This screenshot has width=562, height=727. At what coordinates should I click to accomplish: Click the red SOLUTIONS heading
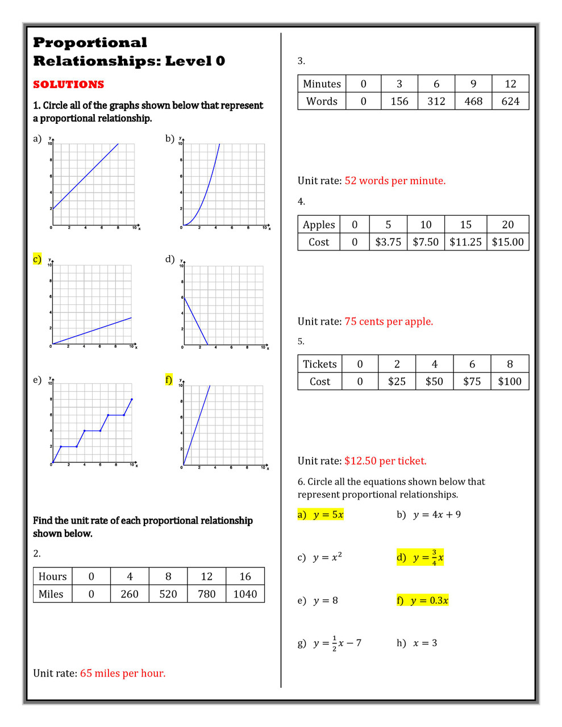click(x=68, y=85)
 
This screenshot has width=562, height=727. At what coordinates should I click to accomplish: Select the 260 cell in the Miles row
click(x=130, y=594)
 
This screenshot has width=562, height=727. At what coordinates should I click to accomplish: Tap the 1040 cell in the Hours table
click(x=245, y=594)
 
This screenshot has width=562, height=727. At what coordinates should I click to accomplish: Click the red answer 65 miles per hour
click(x=123, y=674)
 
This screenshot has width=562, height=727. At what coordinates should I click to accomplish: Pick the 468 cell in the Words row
click(x=473, y=101)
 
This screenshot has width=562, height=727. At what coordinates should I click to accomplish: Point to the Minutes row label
click(x=322, y=84)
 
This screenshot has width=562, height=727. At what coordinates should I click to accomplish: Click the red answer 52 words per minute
click(x=395, y=181)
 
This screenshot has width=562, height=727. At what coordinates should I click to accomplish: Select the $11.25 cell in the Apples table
click(x=465, y=242)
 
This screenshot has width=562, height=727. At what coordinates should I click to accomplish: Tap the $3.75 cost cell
click(x=388, y=242)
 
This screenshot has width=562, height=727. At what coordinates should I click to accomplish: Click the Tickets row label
click(x=320, y=364)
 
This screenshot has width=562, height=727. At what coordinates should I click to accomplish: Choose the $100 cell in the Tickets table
click(x=510, y=382)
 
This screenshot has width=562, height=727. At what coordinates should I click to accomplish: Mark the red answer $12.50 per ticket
click(x=385, y=461)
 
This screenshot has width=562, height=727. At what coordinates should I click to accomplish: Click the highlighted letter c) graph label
click(x=37, y=259)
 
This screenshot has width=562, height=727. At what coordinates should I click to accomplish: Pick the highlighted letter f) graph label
click(x=169, y=379)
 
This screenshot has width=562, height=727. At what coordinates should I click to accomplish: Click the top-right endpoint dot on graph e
click(x=132, y=399)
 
